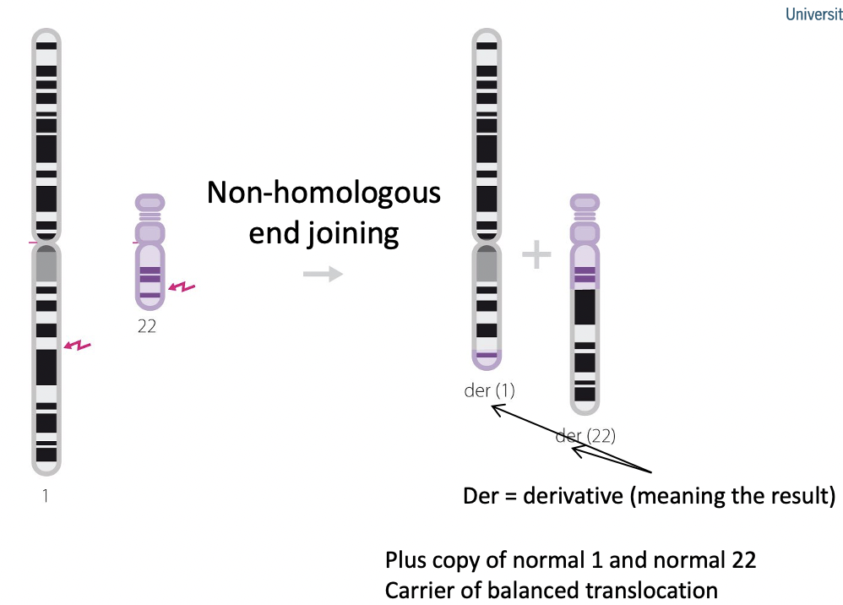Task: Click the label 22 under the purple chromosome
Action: (147, 326)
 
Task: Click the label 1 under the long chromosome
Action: (46, 496)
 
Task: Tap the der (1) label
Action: (489, 390)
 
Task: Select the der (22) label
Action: (585, 436)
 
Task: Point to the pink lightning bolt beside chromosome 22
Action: (182, 288)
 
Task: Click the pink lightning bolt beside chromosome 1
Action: (78, 345)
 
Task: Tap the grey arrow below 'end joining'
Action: (323, 274)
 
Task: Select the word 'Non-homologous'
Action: (324, 193)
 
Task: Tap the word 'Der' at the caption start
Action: (480, 495)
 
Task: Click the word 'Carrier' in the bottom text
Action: (419, 589)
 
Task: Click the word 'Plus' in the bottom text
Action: (406, 559)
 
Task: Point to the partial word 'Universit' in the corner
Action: (813, 14)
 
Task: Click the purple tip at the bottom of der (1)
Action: (487, 358)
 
